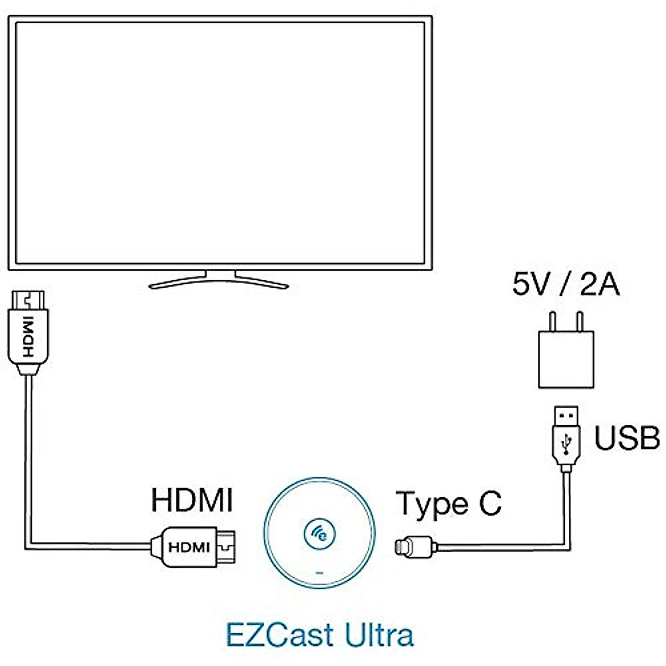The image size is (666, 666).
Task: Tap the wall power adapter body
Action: click(x=566, y=359)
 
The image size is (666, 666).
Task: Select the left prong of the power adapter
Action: click(x=551, y=321)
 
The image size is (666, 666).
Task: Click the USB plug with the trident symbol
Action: click(x=566, y=444)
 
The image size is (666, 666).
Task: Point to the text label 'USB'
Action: click(x=627, y=438)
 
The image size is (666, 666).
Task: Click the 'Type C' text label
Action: click(x=448, y=503)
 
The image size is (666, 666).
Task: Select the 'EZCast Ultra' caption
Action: click(x=320, y=634)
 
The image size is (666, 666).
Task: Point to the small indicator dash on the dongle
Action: click(x=319, y=572)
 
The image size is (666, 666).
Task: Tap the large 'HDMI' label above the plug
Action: click(x=191, y=500)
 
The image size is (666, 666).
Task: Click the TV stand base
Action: click(x=219, y=281)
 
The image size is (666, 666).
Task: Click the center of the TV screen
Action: click(x=220, y=143)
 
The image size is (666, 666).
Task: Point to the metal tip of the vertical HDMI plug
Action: click(x=27, y=300)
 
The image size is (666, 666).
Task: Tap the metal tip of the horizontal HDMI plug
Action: click(x=226, y=547)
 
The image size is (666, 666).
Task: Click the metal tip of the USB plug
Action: click(x=566, y=415)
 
